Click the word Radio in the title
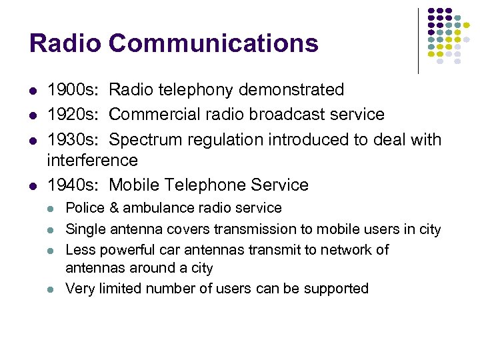point(65,43)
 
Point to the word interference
point(93,160)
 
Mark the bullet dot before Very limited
point(51,289)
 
